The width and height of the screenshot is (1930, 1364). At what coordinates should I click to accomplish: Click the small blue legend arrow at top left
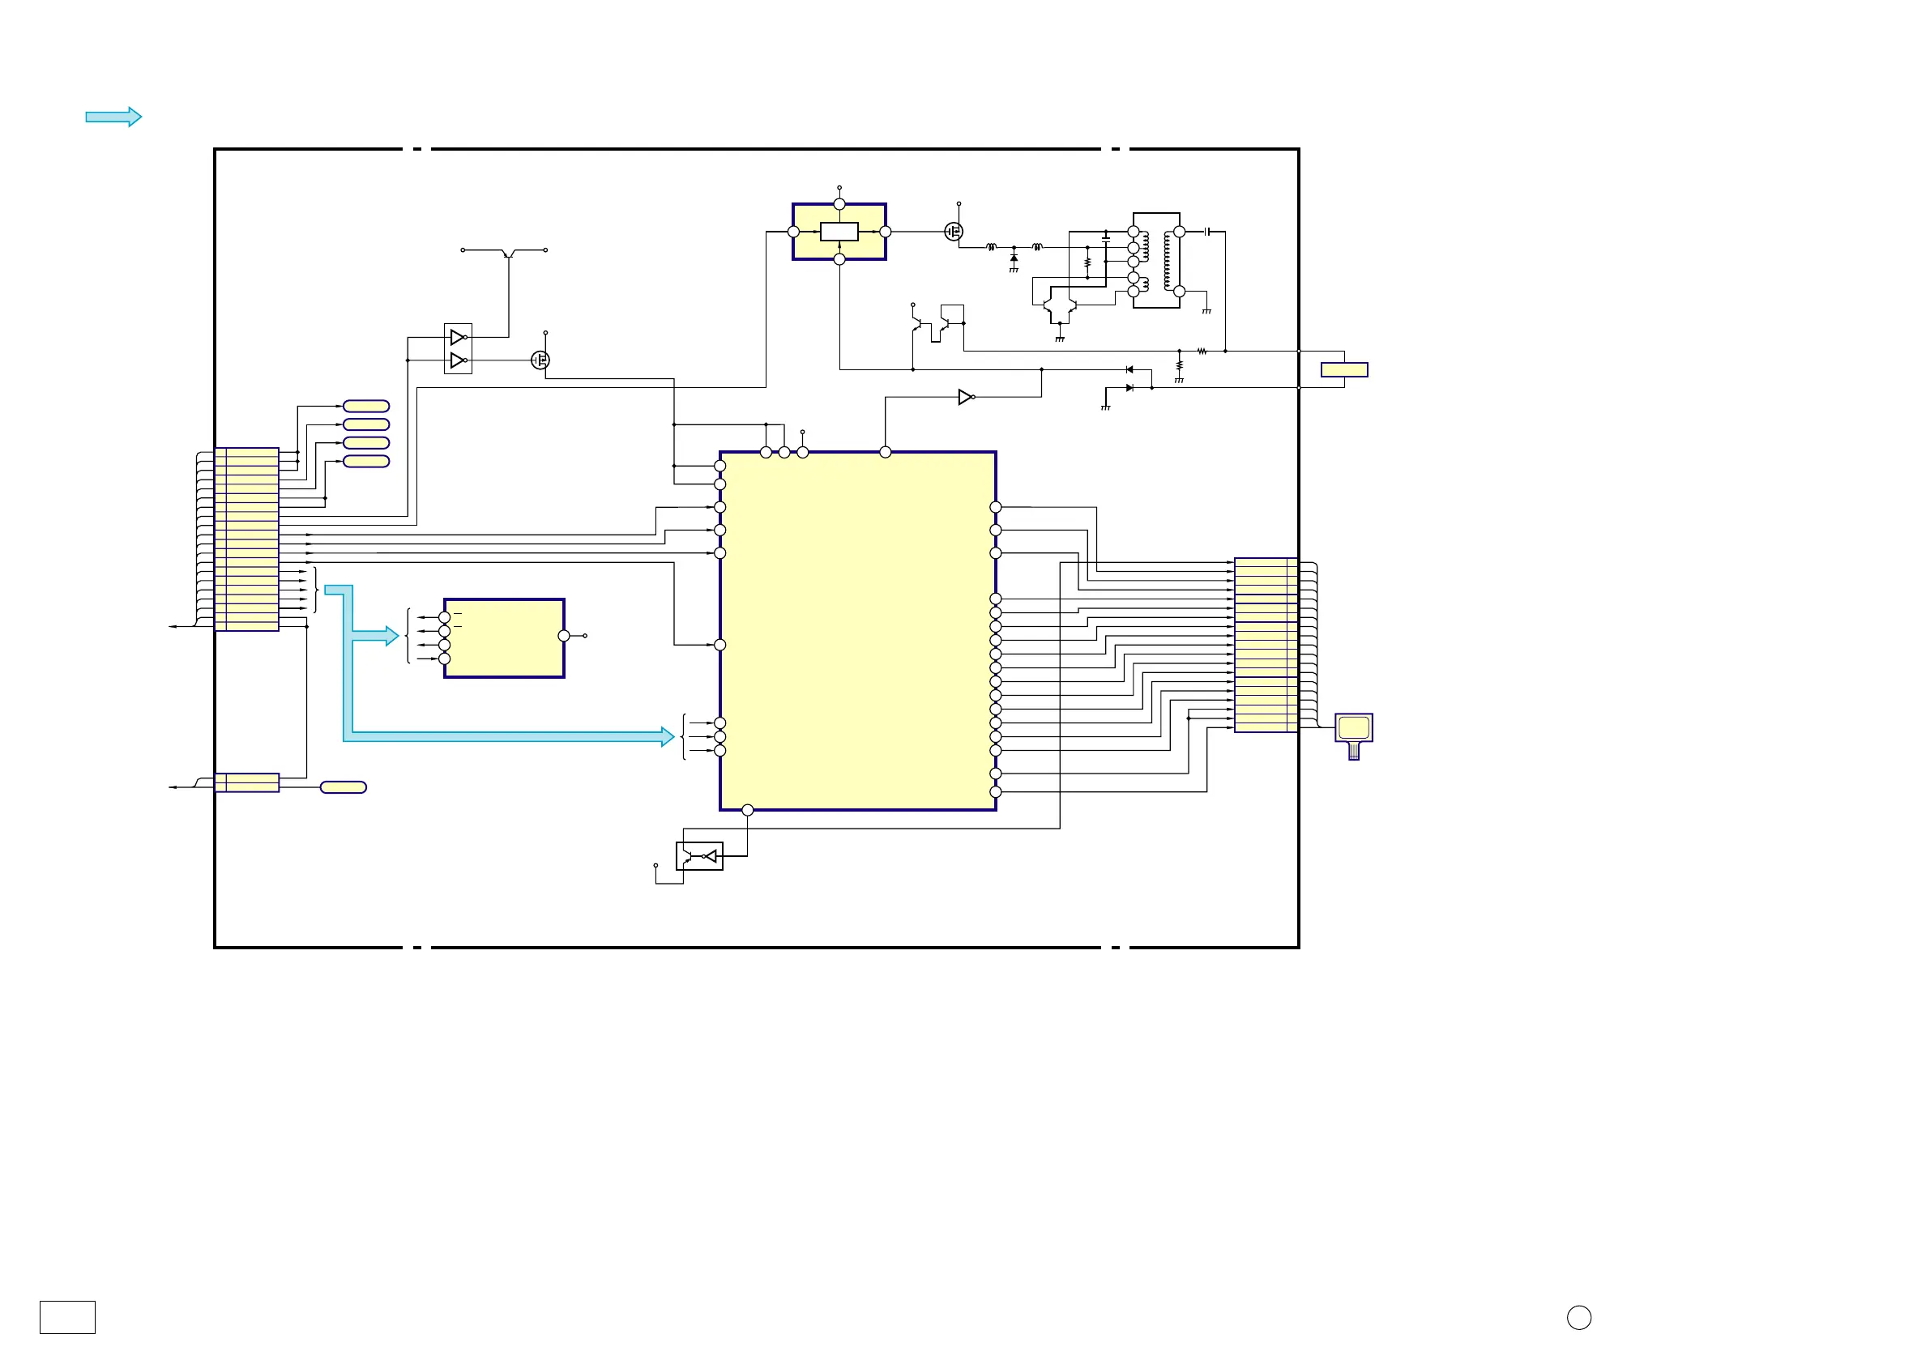click(x=113, y=117)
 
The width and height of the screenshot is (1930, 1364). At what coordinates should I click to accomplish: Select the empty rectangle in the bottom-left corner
click(x=67, y=1317)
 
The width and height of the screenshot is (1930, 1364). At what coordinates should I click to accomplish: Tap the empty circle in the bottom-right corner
click(x=1578, y=1317)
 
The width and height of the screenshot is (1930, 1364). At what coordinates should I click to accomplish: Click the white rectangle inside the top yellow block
click(x=839, y=232)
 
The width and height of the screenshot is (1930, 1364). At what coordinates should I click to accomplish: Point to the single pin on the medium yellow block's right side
click(x=563, y=636)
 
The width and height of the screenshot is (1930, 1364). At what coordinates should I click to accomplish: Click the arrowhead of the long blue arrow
click(x=668, y=737)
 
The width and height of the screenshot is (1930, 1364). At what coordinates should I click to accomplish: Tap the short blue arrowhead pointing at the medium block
click(x=391, y=636)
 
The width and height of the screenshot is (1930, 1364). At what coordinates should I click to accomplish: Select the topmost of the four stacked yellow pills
click(x=365, y=407)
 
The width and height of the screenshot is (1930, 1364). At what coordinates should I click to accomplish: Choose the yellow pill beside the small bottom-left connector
click(x=343, y=787)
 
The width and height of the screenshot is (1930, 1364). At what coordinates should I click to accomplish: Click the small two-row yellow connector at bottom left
click(x=246, y=782)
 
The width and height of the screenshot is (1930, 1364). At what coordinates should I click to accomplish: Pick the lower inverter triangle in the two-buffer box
click(x=456, y=360)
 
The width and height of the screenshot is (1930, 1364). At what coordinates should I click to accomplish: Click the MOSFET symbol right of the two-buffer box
click(x=540, y=360)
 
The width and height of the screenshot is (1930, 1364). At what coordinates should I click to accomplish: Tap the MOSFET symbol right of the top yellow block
click(x=953, y=232)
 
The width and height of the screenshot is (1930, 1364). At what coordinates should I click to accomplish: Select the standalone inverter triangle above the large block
click(x=965, y=397)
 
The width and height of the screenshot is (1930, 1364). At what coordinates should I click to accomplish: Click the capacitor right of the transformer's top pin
click(x=1207, y=232)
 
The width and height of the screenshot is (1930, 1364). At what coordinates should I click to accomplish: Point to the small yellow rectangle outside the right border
click(x=1343, y=370)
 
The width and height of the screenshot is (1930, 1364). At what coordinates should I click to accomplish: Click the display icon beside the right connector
click(x=1353, y=729)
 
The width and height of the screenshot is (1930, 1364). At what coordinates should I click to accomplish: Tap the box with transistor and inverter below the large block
click(x=699, y=856)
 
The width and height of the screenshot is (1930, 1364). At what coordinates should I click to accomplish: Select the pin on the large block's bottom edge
click(x=747, y=810)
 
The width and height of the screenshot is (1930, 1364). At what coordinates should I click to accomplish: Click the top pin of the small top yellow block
click(x=839, y=204)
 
